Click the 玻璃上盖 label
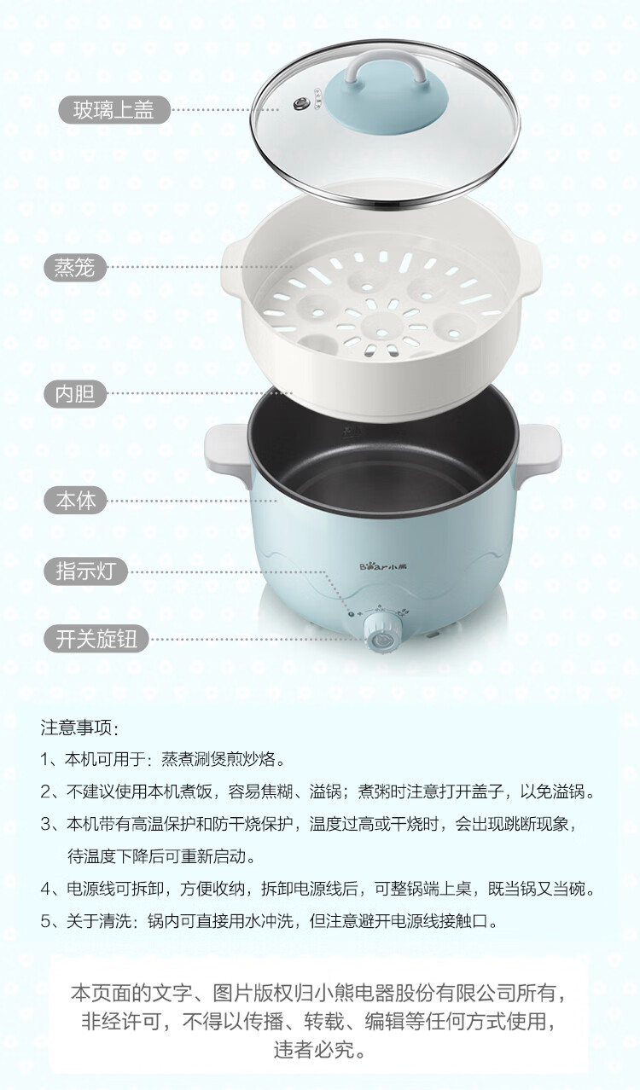click(x=113, y=110)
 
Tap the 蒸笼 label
click(x=75, y=267)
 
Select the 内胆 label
click(x=75, y=393)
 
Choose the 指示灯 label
click(x=85, y=571)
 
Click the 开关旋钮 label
click(x=96, y=639)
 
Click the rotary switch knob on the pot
click(x=381, y=634)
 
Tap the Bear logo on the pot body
click(x=383, y=566)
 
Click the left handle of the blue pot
click(x=227, y=450)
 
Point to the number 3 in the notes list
click(x=46, y=824)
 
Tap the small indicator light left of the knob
click(x=352, y=615)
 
